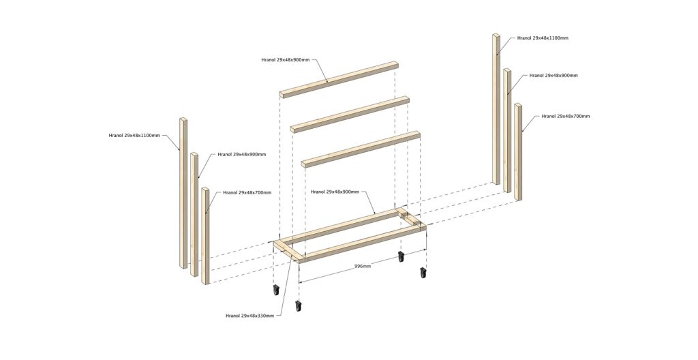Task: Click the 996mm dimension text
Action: (363, 266)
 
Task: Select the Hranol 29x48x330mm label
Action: (249, 316)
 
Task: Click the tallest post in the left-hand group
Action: (183, 193)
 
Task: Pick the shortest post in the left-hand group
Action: (205, 236)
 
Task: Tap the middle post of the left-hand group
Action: (194, 214)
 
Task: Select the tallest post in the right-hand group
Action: (496, 108)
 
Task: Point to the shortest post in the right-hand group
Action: (518, 152)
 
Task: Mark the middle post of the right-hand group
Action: (507, 130)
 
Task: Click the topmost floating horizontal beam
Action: (339, 79)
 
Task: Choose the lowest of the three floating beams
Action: (361, 149)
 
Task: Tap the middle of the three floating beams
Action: (350, 115)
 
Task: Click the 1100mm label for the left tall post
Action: (134, 135)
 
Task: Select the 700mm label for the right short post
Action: (565, 116)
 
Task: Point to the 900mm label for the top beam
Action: (286, 59)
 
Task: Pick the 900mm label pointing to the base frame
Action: (335, 192)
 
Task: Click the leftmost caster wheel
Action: (275, 290)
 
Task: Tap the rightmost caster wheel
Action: (423, 273)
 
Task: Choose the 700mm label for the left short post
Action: (247, 192)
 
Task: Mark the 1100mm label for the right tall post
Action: (543, 38)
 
